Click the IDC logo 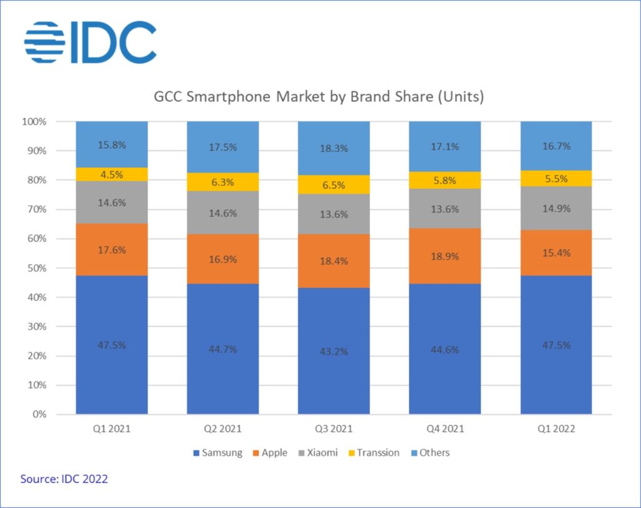tap(90, 43)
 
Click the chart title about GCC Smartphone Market tap(319, 98)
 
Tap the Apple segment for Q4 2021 tap(444, 256)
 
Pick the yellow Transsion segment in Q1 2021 tap(112, 174)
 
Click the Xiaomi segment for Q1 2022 tap(556, 208)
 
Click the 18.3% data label tap(334, 148)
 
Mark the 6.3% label tap(223, 182)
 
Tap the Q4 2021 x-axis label tap(444, 430)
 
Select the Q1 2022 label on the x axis tap(556, 430)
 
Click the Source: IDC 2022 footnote tap(64, 479)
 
